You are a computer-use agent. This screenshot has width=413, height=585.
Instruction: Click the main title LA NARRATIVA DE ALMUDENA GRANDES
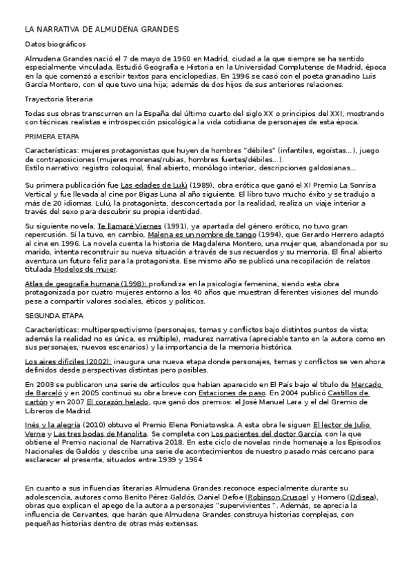(x=101, y=30)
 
